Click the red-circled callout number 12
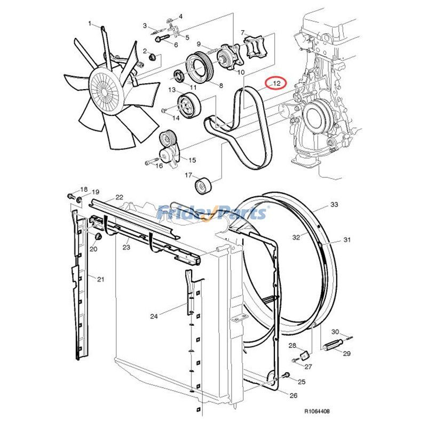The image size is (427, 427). coord(276,83)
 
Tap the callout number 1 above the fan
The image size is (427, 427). coord(90,23)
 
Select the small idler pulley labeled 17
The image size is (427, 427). coord(203,187)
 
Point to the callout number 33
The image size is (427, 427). coord(334,204)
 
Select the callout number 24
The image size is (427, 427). coord(154,317)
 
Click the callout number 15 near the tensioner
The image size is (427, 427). coord(192,160)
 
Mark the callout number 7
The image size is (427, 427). coord(243,33)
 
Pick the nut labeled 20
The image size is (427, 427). coord(98,237)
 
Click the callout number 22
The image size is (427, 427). coord(119,197)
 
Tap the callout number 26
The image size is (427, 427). coord(293,396)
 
